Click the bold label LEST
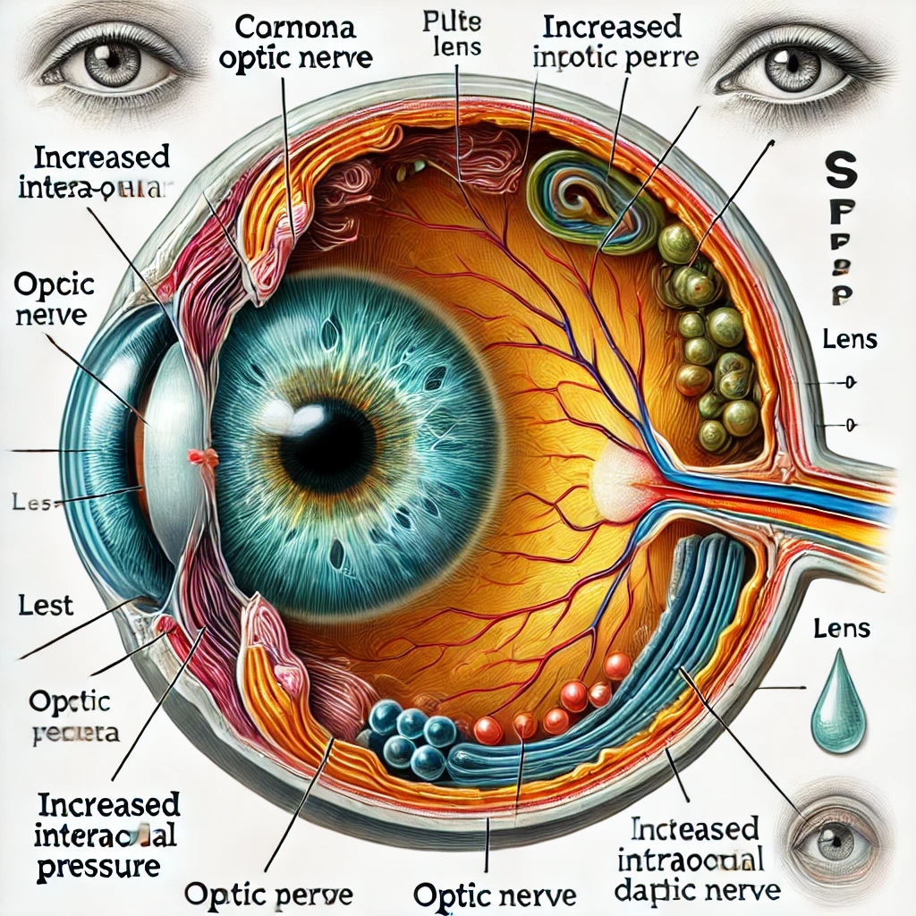[x=46, y=606]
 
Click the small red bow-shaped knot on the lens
[x=203, y=458]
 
